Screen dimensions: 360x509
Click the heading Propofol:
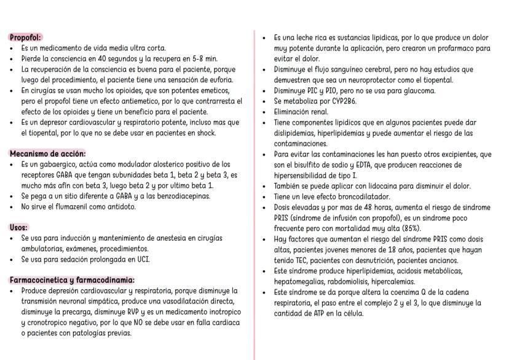click(26, 37)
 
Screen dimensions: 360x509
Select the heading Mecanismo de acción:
click(47, 154)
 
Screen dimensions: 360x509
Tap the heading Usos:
click(18, 227)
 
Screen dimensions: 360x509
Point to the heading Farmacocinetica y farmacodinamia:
click(72, 280)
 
